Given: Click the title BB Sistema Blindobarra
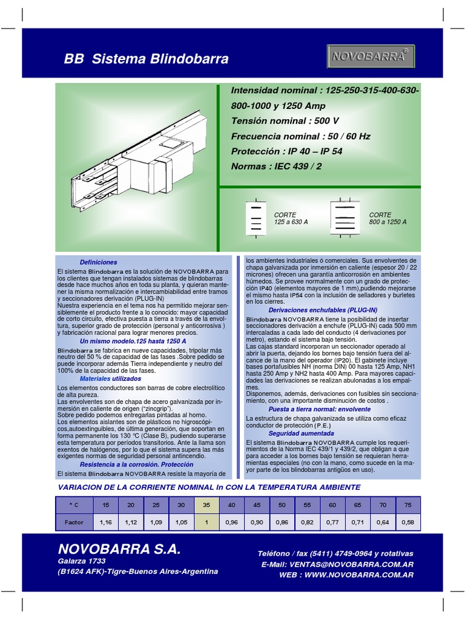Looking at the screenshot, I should point(147,59).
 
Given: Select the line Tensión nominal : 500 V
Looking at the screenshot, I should point(285,121).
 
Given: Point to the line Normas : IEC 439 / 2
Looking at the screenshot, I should point(284,166).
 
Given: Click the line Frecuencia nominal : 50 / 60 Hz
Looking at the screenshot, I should point(300,136).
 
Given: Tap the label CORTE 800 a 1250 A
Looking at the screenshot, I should point(387,219).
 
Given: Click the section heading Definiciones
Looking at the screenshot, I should point(99,262).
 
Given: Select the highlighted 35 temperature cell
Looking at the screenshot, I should point(207,504).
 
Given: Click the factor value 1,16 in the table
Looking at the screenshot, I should point(106,521).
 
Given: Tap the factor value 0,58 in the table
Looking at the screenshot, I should point(408,521).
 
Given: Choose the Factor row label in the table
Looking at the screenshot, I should point(73,521).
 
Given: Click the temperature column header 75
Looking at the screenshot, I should point(408,504).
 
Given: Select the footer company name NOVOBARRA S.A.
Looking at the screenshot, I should point(119,549).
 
